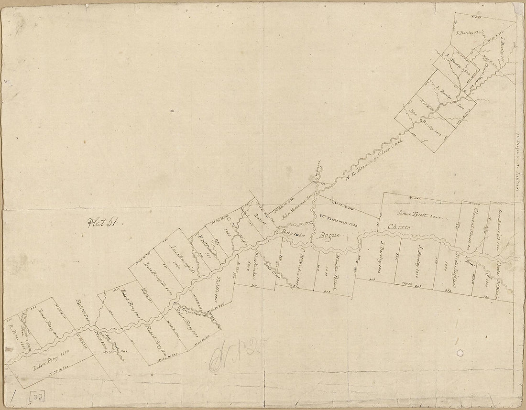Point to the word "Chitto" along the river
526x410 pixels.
399,227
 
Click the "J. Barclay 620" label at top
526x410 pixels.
469,33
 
